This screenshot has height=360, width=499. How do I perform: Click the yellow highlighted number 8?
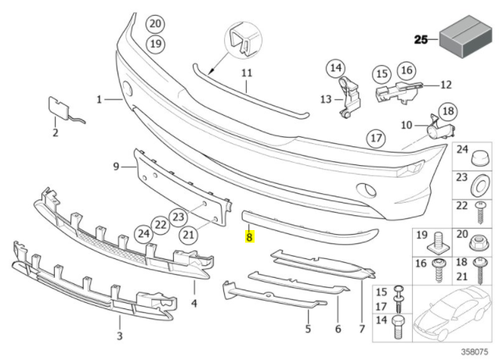(x=249, y=235)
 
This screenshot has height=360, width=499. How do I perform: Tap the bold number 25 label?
(x=421, y=38)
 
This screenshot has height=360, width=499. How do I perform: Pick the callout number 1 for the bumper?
(x=100, y=99)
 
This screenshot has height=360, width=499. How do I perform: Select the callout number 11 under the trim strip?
(x=247, y=74)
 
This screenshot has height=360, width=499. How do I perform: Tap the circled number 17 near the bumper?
(x=376, y=139)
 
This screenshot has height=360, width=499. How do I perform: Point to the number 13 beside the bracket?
(x=326, y=99)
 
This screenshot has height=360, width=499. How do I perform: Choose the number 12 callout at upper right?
(x=445, y=84)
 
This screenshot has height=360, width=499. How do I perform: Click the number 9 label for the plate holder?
(x=116, y=166)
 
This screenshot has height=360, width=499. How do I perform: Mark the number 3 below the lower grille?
(x=119, y=336)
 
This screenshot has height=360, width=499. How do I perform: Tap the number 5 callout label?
(x=309, y=329)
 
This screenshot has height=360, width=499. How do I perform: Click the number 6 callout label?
(x=338, y=329)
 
